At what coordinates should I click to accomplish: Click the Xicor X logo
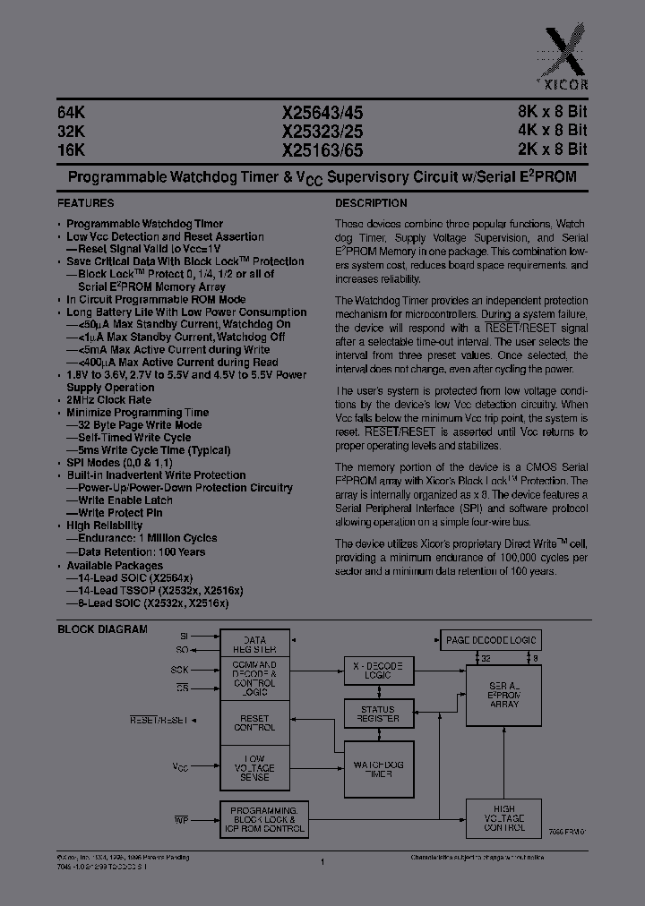tap(573, 54)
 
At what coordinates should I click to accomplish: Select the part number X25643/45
tap(322, 113)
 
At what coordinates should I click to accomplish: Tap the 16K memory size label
tap(71, 150)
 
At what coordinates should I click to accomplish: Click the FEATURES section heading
tap(86, 203)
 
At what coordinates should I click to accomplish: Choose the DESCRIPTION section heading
tap(371, 203)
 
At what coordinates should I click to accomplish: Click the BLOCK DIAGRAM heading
tap(102, 629)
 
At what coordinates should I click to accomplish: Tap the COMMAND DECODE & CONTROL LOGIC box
tap(255, 678)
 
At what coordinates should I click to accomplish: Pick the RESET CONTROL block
tap(255, 722)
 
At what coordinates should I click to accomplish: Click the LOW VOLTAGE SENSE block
tap(255, 768)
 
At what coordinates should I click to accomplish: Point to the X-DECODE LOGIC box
tap(378, 671)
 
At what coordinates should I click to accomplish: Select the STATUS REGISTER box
tap(378, 714)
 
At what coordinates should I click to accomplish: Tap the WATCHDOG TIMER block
tap(378, 768)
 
